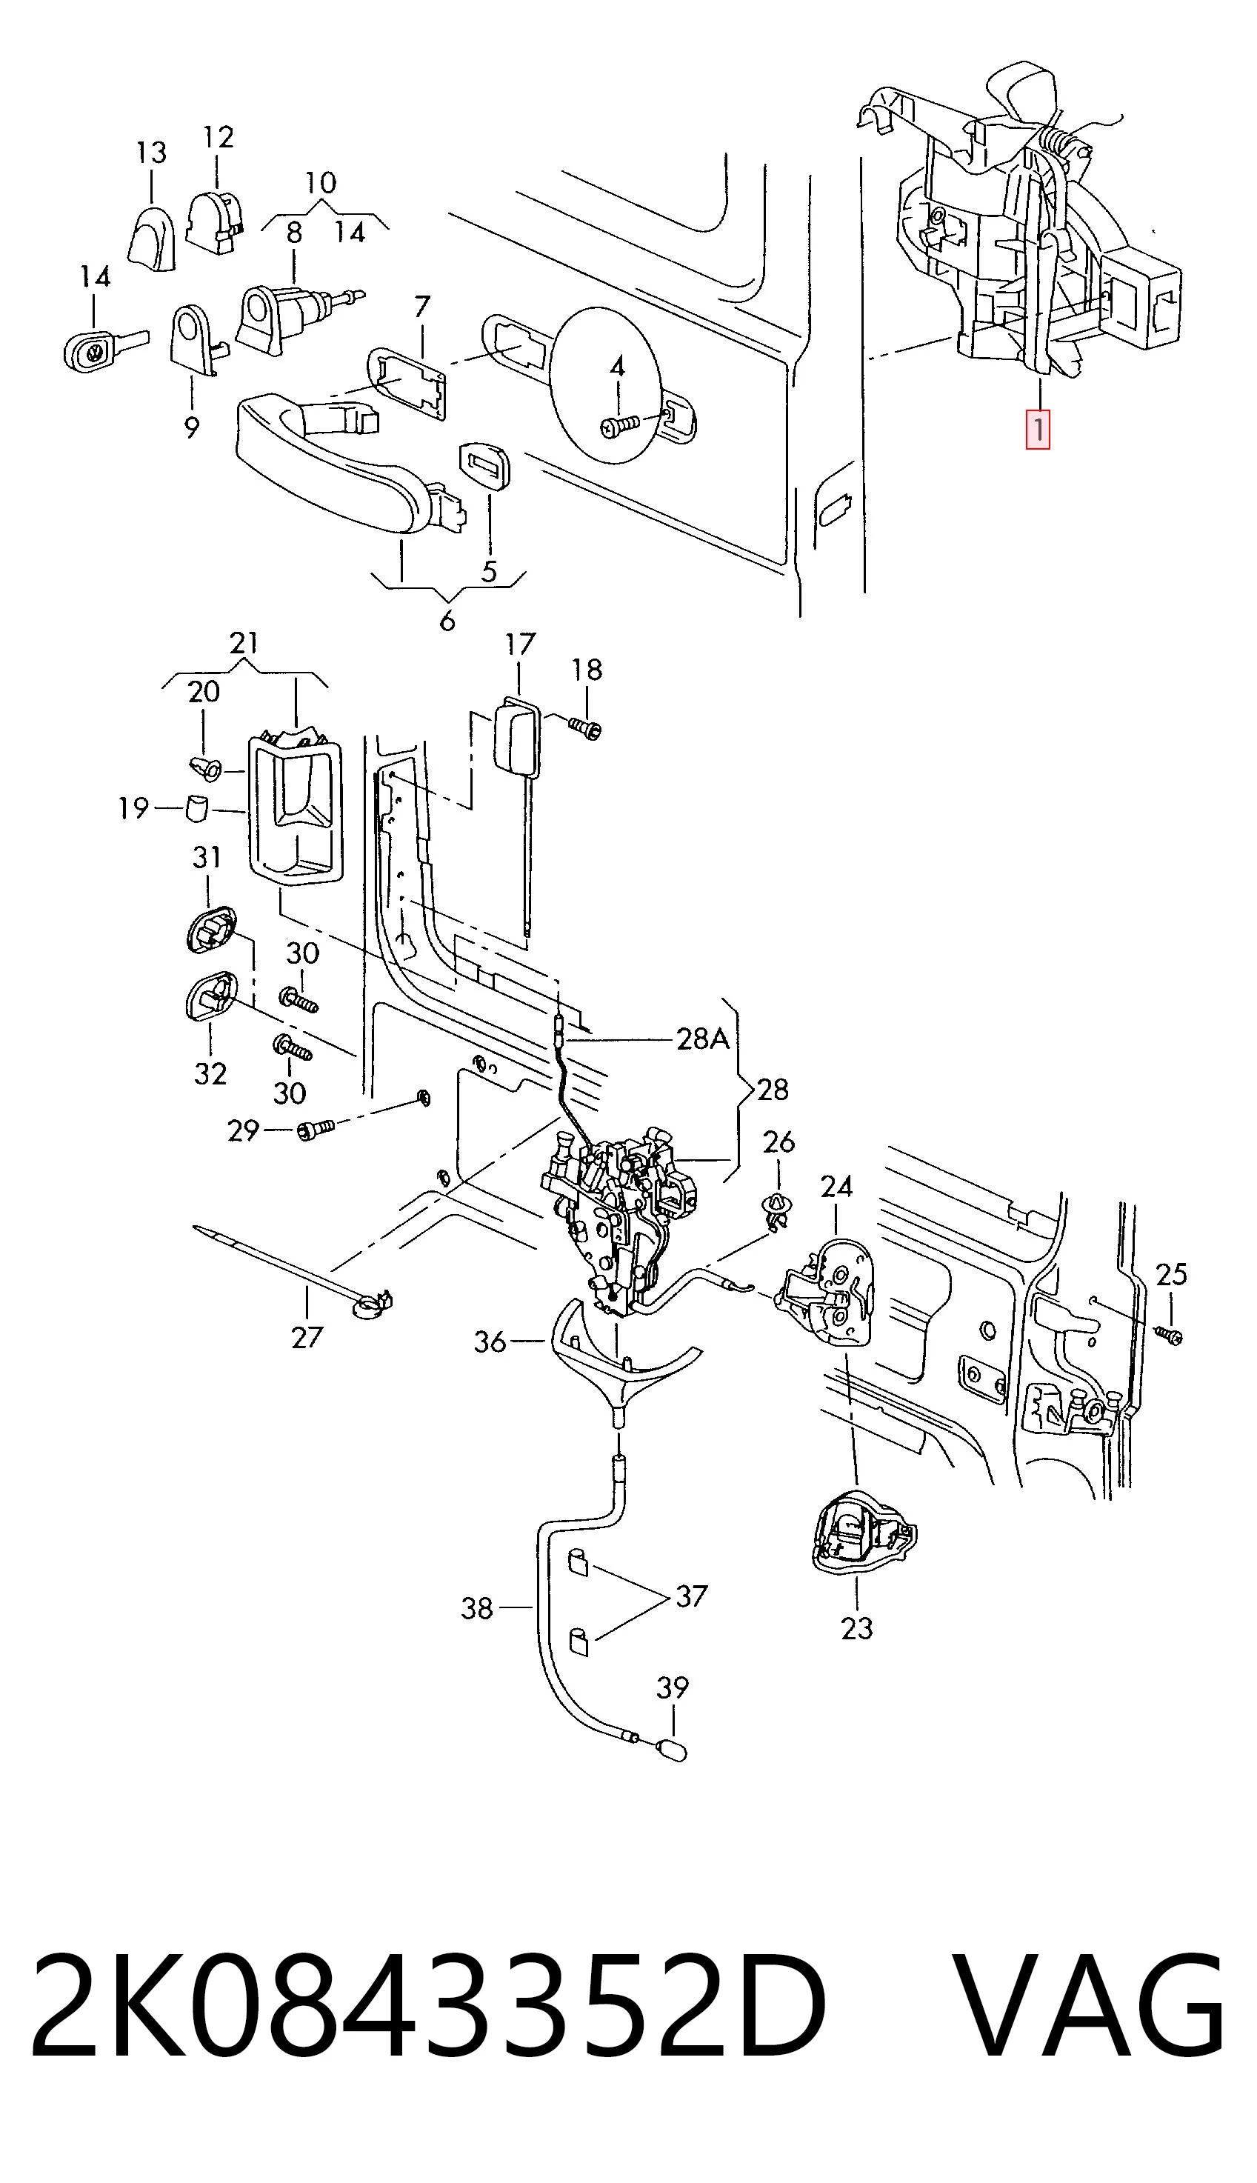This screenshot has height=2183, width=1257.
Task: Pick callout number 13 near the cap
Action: [151, 153]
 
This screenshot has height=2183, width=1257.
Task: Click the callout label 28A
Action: [703, 1039]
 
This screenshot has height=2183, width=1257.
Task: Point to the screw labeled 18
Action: [585, 728]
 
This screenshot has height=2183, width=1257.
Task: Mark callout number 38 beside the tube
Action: [476, 1607]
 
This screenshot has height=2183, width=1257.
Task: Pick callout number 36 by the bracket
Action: [490, 1342]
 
